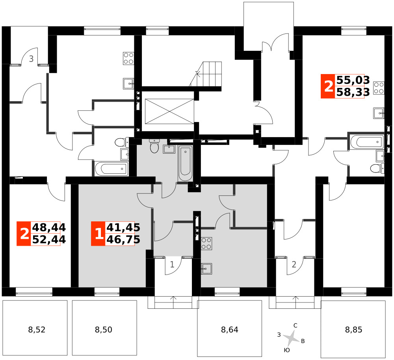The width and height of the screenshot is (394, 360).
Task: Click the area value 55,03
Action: [x=353, y=80]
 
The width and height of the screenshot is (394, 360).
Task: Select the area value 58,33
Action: [x=353, y=92]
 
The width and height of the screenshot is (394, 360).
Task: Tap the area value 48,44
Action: [x=49, y=227]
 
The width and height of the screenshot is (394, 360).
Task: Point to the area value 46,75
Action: [x=123, y=239]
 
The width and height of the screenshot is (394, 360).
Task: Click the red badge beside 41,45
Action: [x=98, y=234]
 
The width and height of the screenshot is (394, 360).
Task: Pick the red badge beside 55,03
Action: [x=328, y=86]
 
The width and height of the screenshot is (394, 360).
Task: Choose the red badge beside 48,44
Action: [x=24, y=234]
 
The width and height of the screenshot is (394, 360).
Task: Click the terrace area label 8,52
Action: [x=37, y=329]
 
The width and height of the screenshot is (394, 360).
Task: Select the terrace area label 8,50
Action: [x=104, y=329]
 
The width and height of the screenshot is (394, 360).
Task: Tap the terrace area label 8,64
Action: [x=230, y=329]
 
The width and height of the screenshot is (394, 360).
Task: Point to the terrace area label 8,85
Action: [x=353, y=329]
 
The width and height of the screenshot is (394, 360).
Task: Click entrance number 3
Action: [x=31, y=59]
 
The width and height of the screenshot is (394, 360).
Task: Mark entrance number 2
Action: [x=294, y=264]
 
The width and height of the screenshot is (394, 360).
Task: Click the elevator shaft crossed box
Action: [x=169, y=111]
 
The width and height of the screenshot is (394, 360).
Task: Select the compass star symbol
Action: [x=292, y=338]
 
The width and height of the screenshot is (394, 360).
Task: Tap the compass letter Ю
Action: [x=287, y=350]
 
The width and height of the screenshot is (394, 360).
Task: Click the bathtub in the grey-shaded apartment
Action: [x=186, y=163]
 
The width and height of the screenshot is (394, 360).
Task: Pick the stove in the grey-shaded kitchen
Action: [x=206, y=243]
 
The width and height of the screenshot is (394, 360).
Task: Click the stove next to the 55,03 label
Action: [x=379, y=88]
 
